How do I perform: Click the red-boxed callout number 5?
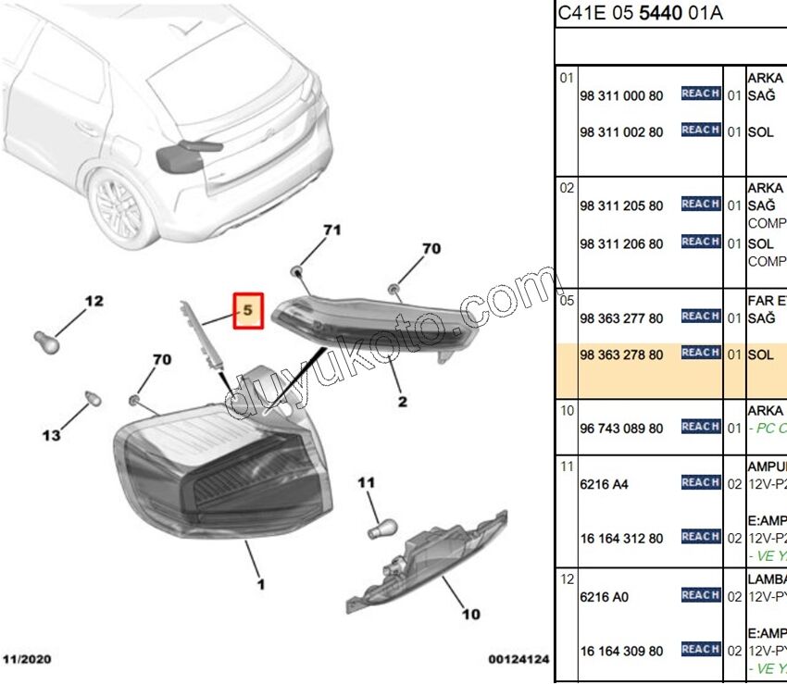tap(248, 311)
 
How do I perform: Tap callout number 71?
tap(331, 229)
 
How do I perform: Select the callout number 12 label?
tap(94, 301)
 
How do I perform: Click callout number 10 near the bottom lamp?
tap(470, 613)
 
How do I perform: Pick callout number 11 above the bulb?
tap(368, 482)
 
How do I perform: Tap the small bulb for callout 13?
tap(91, 399)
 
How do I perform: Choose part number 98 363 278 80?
tap(620, 354)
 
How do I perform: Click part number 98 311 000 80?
tap(620, 96)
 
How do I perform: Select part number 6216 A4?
tap(603, 484)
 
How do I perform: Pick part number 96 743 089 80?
tap(620, 429)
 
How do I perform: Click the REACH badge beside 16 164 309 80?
tap(700, 650)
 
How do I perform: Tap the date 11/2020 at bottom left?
tap(27, 659)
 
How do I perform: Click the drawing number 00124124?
tap(518, 659)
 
